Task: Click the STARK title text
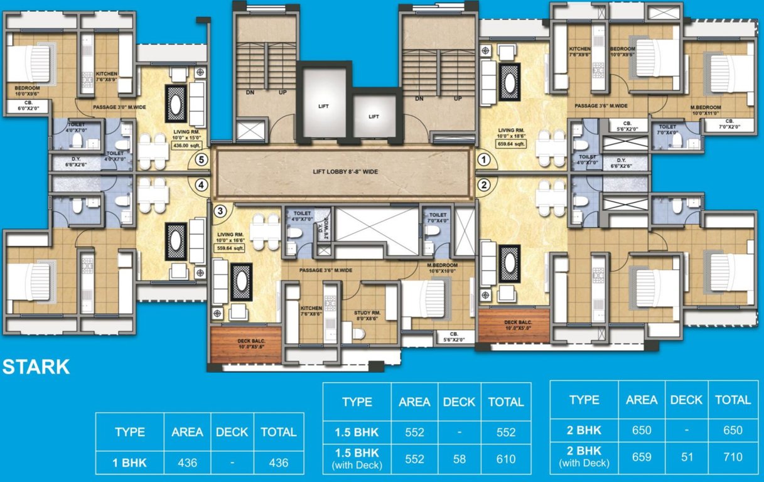click(36, 367)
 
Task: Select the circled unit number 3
click(219, 212)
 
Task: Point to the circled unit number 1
click(483, 160)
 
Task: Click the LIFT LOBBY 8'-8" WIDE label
click(341, 171)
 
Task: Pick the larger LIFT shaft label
click(323, 106)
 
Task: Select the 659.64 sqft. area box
click(512, 143)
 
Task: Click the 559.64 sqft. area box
click(230, 247)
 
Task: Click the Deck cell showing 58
click(459, 459)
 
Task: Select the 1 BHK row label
click(131, 463)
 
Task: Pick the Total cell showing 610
click(506, 459)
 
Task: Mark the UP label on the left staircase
click(283, 92)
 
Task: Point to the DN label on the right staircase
click(419, 99)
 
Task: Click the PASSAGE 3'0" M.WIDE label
click(119, 107)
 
